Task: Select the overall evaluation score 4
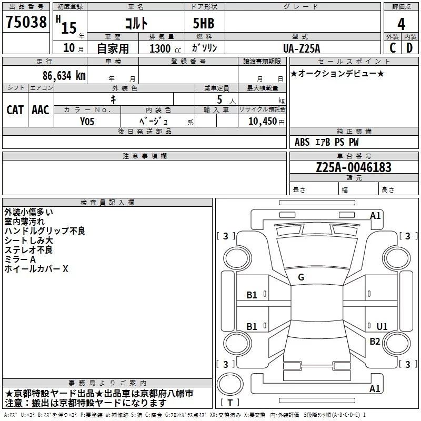[x=401, y=24]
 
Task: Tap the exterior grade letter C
[x=392, y=47]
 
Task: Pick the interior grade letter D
[x=409, y=47]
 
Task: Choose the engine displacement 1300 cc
[x=164, y=48]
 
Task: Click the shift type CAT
[x=15, y=109]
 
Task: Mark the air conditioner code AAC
[x=40, y=109]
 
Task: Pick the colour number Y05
[x=87, y=121]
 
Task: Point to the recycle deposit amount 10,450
[x=259, y=121]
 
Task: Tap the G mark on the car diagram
[x=301, y=277]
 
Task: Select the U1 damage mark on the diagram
[x=382, y=327]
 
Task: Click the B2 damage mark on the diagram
[x=375, y=342]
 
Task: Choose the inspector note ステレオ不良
[x=28, y=250]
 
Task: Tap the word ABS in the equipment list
[x=302, y=142]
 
